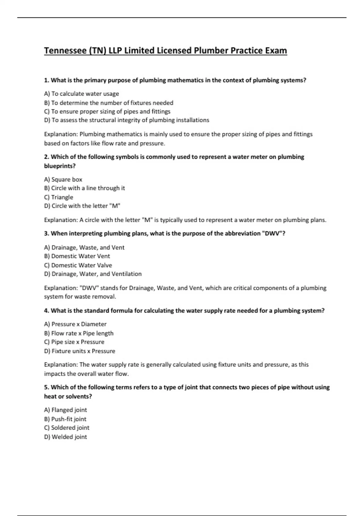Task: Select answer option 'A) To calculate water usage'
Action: (81, 94)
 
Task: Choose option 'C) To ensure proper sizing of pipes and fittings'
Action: (107, 111)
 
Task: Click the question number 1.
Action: (46, 80)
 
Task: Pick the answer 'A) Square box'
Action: (63, 179)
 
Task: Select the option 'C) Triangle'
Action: (59, 197)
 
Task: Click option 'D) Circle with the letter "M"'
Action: (82, 206)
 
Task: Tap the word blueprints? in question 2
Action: (60, 166)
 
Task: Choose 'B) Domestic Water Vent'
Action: (77, 256)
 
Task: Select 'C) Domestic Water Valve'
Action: (78, 265)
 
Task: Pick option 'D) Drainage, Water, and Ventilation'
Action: (93, 274)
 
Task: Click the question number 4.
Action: (46, 311)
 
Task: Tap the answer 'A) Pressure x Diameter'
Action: (75, 324)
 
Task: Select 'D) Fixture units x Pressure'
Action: (79, 351)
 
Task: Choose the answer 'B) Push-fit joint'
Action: (65, 419)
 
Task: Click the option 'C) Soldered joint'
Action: (67, 428)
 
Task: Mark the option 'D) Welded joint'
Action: (66, 437)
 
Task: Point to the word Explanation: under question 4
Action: (61, 365)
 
